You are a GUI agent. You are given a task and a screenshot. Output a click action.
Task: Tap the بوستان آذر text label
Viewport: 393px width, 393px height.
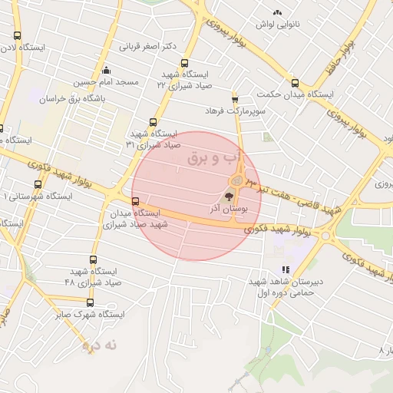(224, 209)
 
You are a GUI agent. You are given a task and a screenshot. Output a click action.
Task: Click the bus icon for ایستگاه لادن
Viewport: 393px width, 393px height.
(18, 35)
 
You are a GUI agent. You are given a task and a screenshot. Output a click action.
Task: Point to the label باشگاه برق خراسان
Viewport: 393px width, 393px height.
(71, 99)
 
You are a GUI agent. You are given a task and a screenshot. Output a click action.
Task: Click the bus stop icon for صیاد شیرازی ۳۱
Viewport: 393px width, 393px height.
(153, 122)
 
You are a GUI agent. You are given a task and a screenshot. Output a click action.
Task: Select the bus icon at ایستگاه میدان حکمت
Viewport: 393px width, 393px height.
(295, 82)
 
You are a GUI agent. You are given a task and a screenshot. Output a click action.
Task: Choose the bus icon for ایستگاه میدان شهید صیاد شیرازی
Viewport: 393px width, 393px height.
(136, 202)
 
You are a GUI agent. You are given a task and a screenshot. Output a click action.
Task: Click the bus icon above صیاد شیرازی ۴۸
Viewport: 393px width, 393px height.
(94, 260)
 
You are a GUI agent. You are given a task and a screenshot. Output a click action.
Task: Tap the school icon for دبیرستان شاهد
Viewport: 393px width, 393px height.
(286, 270)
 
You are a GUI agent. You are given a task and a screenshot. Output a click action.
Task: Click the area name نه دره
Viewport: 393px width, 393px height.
(101, 345)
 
